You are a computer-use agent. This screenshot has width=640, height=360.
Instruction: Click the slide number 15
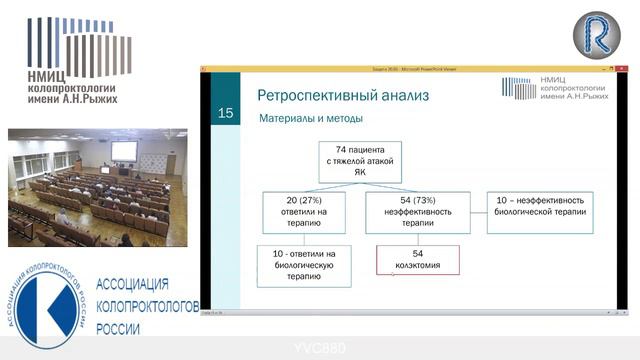click(225, 113)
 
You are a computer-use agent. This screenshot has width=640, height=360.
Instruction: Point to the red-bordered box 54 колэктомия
click(417, 260)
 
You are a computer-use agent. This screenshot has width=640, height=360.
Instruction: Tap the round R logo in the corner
click(596, 35)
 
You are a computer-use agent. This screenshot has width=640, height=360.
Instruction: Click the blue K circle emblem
click(49, 299)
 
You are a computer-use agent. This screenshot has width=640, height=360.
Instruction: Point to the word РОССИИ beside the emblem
click(118, 328)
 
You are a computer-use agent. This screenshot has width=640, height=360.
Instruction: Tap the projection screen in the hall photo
click(124, 150)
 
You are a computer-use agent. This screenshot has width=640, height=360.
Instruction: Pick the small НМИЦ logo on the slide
click(558, 89)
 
